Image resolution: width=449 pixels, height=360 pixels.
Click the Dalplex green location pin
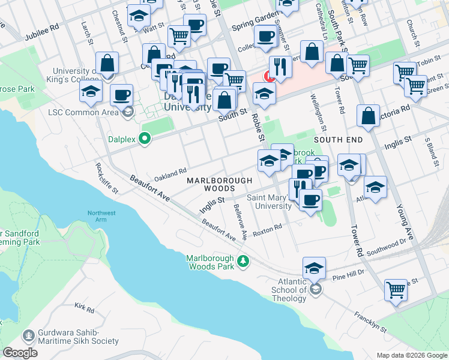144,139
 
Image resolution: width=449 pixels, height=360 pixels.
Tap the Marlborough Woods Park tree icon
243,261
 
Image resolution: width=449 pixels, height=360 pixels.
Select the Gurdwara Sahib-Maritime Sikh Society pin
28,335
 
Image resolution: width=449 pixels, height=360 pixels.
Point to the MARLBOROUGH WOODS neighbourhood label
218,184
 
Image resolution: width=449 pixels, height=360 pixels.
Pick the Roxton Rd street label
267,230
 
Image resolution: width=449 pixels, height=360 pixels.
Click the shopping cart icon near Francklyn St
396,290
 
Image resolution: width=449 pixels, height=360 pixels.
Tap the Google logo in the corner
20,353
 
